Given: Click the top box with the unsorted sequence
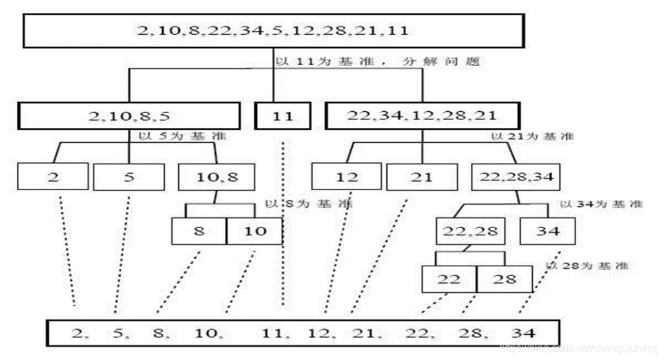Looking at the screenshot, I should [x=273, y=30].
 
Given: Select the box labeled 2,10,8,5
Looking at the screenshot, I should [x=129, y=116].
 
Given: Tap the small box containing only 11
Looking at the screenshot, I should [x=283, y=116].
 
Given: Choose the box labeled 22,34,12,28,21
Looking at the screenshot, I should [x=422, y=116].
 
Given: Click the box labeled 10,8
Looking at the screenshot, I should [x=216, y=176].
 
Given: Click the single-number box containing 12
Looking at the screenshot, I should [x=347, y=176].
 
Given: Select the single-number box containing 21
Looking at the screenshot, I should [x=422, y=176].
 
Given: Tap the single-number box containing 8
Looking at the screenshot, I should [x=199, y=231].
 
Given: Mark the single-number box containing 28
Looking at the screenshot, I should [x=504, y=279].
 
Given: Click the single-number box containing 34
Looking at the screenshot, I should [x=548, y=231].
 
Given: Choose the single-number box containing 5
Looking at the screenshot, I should [x=129, y=176].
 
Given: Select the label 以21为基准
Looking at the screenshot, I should [x=532, y=136].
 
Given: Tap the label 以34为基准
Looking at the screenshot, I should [x=601, y=204].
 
